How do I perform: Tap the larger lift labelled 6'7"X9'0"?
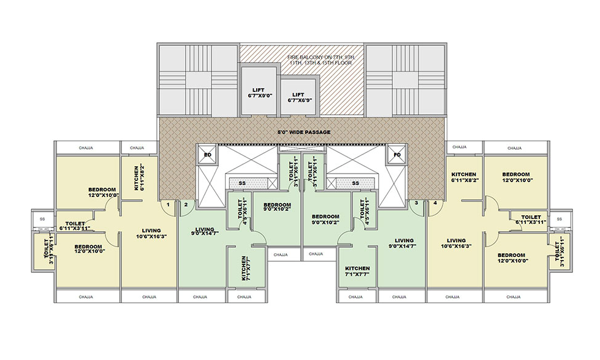pos(258,93)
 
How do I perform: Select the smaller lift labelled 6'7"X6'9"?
pos(298,98)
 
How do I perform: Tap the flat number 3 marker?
pos(416,203)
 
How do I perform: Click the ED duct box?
pos(207,155)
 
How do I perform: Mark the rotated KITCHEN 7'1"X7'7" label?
pos(244,268)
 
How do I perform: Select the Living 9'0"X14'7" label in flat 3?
pos(404,243)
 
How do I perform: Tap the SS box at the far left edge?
pos(42,218)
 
